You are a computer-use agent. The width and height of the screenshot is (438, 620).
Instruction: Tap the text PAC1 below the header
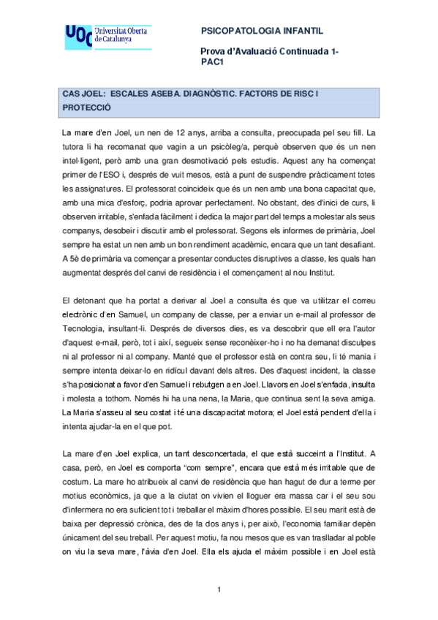(211, 61)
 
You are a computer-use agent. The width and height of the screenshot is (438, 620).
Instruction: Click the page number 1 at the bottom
(219, 589)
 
